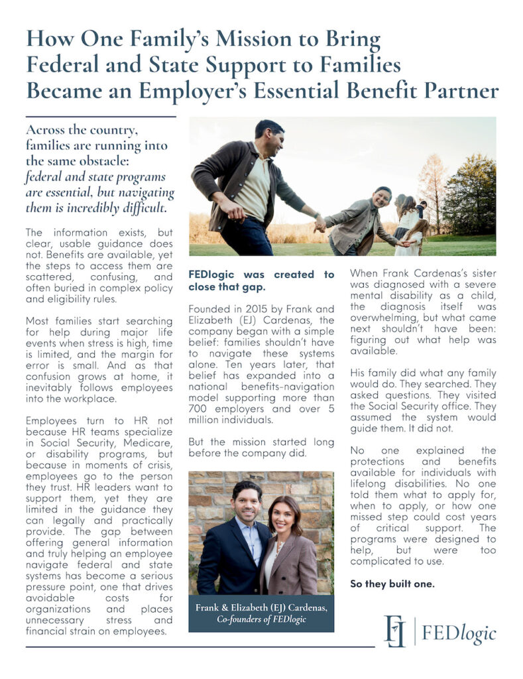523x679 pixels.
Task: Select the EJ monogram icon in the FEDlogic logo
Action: (x=395, y=630)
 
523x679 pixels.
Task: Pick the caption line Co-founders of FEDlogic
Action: (x=261, y=619)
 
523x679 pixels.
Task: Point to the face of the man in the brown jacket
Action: (x=270, y=139)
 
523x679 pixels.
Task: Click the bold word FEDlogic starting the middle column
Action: (x=214, y=275)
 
